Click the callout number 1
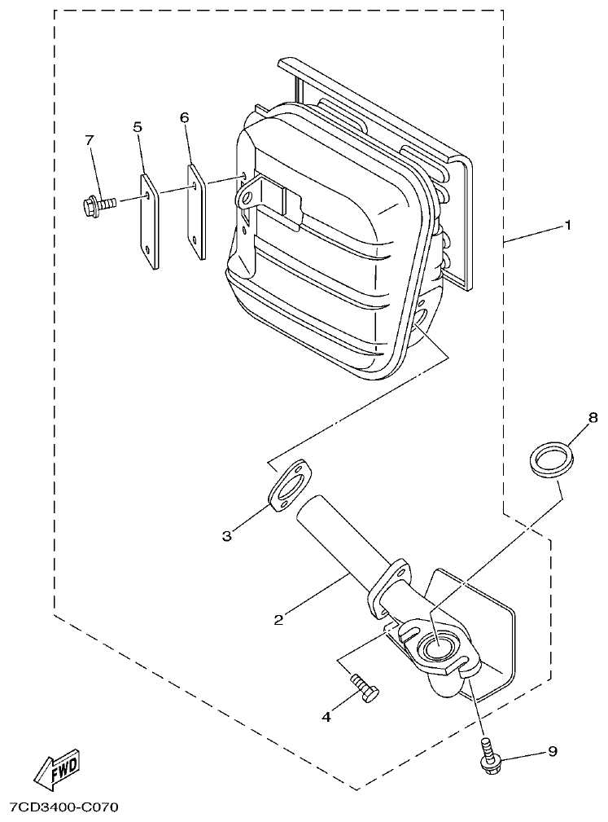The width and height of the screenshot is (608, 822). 567,225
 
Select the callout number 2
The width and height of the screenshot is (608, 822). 278,620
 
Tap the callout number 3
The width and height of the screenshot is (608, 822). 227,535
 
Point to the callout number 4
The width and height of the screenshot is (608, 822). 326,717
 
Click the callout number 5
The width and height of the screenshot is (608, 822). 138,126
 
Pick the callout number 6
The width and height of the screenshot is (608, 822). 185,117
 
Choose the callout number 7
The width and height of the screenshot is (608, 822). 89,141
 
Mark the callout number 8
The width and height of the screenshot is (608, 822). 592,417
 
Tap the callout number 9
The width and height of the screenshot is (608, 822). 553,751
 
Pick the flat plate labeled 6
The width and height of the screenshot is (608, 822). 196,211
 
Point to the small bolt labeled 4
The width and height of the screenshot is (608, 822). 365,690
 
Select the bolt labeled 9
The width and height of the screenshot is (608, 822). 489,757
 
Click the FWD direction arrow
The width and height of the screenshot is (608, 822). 55,767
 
